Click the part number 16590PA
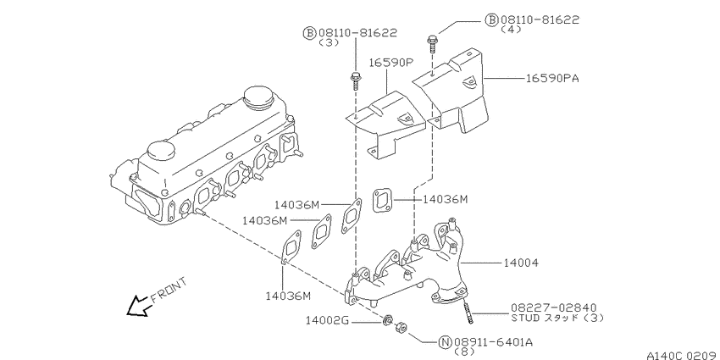pos(551,78)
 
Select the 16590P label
pos(390,63)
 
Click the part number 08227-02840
pos(546,307)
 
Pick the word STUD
pos(525,318)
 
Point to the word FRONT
pos(166,288)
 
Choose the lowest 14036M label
pos(287,296)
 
